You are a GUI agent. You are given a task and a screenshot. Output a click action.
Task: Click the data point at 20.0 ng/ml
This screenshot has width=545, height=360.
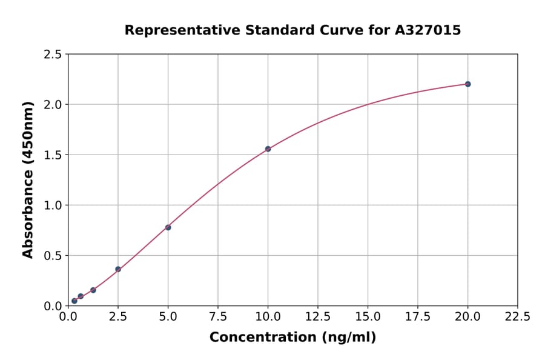coord(467,84)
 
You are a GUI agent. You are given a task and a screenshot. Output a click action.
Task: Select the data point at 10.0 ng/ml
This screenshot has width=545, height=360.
coord(268,148)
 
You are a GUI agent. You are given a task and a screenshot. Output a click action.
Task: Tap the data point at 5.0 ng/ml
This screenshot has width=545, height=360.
coord(168,227)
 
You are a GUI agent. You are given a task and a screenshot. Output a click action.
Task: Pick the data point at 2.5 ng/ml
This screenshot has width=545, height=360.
coord(118,269)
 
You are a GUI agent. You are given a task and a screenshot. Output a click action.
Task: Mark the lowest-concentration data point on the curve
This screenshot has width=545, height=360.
coord(74,301)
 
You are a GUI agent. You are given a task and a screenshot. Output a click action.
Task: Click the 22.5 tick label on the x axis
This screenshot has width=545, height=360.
coord(517,317)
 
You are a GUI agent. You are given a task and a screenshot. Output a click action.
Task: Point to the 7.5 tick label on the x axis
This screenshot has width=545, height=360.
coord(218,317)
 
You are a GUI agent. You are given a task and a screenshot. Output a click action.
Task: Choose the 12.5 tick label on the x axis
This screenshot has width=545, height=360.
coord(318,317)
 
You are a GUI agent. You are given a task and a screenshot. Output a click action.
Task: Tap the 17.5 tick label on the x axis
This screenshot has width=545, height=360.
coord(417,317)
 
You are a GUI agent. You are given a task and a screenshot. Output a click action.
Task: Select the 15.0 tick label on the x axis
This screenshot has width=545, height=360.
coord(368,317)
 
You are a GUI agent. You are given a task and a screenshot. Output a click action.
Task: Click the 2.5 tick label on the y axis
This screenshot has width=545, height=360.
coord(51,55)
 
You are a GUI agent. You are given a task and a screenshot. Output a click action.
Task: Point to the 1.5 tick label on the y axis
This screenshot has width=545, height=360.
coord(51,155)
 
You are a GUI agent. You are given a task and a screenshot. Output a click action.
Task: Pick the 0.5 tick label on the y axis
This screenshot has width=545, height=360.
coord(51,256)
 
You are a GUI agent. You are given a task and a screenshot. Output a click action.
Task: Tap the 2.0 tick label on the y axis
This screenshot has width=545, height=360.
coord(51,105)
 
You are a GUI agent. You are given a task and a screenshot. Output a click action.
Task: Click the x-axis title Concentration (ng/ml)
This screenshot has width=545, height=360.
coord(292,338)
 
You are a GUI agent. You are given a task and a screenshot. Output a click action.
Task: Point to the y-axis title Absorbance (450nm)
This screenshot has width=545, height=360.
coord(28,180)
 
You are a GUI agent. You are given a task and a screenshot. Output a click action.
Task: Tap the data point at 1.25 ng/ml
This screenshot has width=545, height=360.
coord(93,290)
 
